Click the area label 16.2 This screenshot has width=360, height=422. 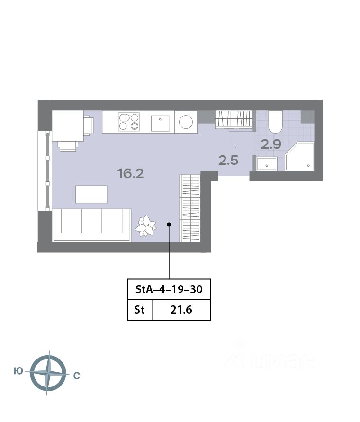point(131,174)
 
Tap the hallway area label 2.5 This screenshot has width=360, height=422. point(228,161)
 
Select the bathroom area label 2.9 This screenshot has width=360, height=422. point(271,144)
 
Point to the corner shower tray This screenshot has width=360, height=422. point(300,156)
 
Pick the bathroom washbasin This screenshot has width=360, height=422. point(267,163)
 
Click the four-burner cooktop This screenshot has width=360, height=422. point(129,122)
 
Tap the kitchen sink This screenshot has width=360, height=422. point(160,123)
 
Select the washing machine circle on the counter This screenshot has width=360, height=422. point(186,122)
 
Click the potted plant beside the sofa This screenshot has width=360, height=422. point(146,225)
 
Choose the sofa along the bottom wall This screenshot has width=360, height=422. point(92,225)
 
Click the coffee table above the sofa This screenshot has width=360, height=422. point(91,194)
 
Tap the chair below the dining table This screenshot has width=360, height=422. point(68,146)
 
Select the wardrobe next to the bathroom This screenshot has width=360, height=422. point(234,119)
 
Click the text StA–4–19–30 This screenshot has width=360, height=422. point(169,289)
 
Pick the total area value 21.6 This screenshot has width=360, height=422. point(181,310)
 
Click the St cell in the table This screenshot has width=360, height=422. point(140,310)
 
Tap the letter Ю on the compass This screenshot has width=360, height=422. point(18,371)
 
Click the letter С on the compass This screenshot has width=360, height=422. point(77,376)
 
